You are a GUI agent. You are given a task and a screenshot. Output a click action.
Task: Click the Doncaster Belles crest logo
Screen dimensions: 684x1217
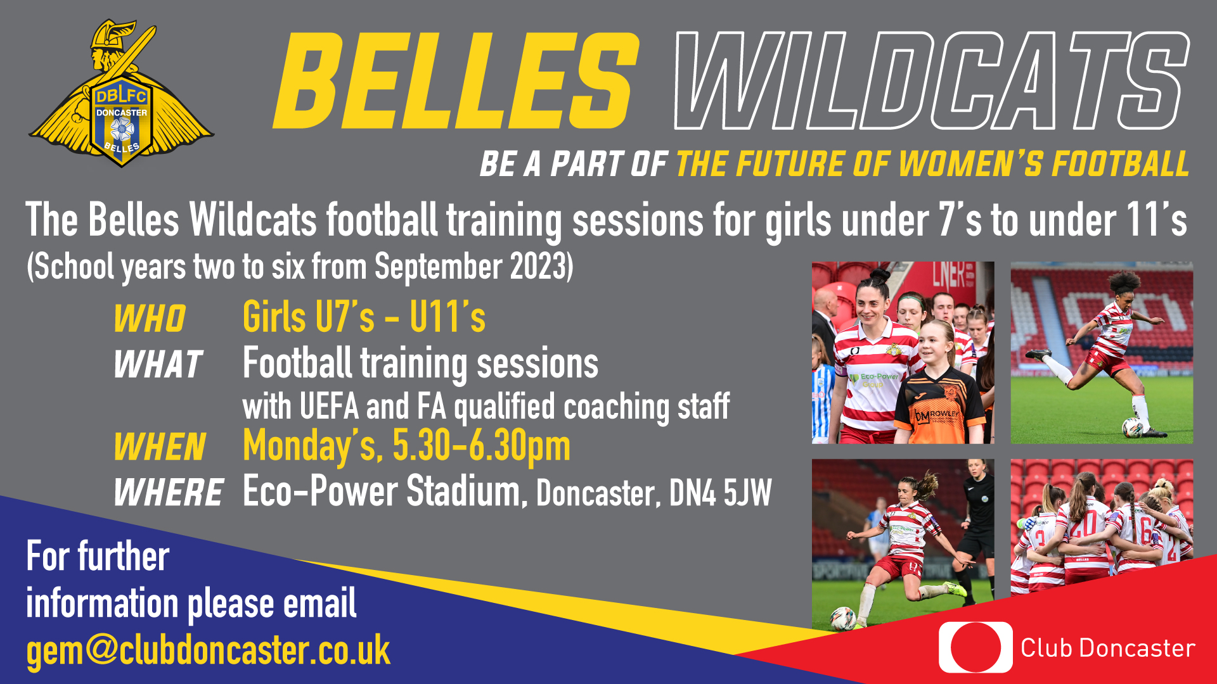(x=121, y=95)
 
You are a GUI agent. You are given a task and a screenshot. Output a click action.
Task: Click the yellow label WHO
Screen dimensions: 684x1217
(x=150, y=318)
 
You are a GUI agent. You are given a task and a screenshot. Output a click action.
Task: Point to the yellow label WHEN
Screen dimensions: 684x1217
(x=160, y=447)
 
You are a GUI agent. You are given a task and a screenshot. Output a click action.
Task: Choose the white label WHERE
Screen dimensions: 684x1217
(x=168, y=493)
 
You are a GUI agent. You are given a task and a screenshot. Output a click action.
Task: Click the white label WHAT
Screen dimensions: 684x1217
(x=158, y=365)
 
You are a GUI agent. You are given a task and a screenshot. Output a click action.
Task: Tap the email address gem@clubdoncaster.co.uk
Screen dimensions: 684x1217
(x=208, y=650)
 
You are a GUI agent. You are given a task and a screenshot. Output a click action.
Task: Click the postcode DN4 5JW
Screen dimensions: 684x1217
(x=720, y=493)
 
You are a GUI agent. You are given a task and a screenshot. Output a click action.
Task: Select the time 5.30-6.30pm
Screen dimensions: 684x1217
(x=481, y=446)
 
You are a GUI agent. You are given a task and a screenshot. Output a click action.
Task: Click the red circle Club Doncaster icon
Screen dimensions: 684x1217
(x=976, y=647)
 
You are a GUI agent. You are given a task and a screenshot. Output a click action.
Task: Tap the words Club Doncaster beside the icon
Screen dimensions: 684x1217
(x=1107, y=649)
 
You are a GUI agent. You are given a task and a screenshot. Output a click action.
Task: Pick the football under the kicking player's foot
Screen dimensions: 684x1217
(x=1132, y=427)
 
